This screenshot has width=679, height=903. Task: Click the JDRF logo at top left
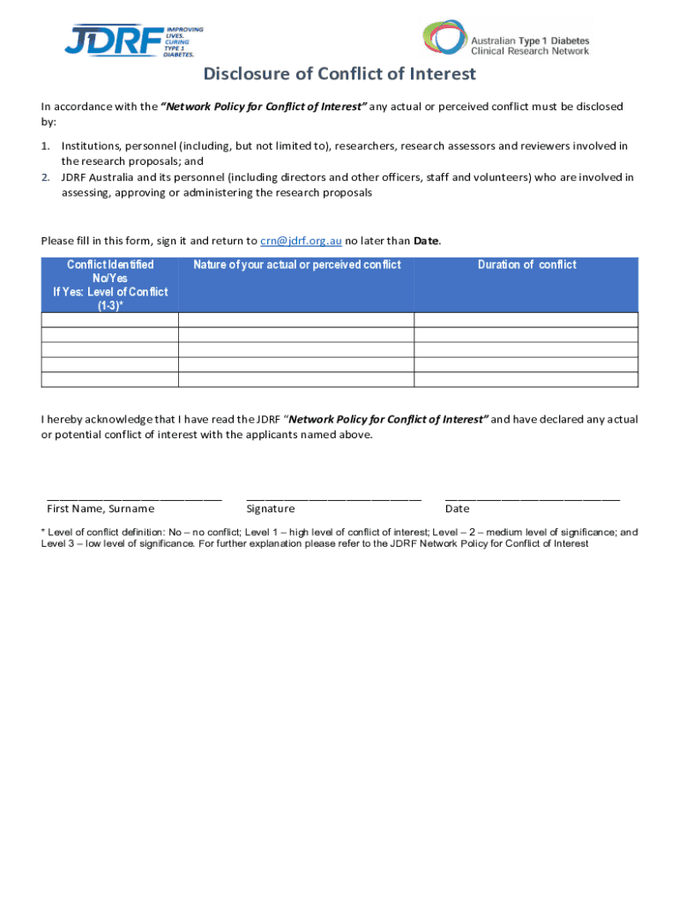[x=132, y=41]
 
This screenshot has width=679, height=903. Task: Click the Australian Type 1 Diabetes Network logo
[x=506, y=40]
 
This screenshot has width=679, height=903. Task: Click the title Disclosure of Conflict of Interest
[x=339, y=74]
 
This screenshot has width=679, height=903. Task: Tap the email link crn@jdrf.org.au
[x=301, y=241]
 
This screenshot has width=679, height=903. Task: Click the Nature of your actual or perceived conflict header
[x=296, y=265]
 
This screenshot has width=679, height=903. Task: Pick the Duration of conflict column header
[x=526, y=265]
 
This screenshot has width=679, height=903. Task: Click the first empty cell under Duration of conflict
[x=526, y=320]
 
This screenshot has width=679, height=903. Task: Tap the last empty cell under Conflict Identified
[x=110, y=379]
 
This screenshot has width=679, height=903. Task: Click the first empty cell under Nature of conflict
[x=296, y=320]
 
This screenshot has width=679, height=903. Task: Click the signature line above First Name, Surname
[x=134, y=498]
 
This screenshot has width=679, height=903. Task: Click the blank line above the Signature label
[x=333, y=498]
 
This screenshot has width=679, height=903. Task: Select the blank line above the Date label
[x=533, y=498]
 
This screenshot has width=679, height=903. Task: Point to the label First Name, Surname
[x=101, y=509]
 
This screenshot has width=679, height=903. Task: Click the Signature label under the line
[x=271, y=509]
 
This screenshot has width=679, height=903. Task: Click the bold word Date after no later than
[x=426, y=241]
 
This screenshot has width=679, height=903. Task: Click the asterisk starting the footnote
[x=43, y=533]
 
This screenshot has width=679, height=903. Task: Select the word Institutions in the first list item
[x=90, y=146]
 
